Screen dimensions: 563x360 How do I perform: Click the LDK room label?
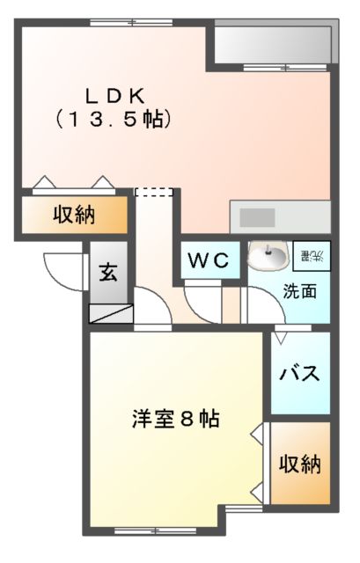(x=114, y=95)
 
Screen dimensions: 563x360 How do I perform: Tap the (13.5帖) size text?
(x=114, y=119)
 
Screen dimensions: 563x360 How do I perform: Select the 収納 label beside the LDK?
(x=73, y=214)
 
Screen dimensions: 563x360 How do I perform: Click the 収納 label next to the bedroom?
(x=300, y=464)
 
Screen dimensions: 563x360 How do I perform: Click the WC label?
(x=208, y=260)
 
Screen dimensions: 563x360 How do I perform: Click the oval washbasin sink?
(x=268, y=257)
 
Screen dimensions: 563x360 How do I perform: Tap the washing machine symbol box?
(x=312, y=256)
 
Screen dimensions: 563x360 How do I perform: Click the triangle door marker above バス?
(x=280, y=335)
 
